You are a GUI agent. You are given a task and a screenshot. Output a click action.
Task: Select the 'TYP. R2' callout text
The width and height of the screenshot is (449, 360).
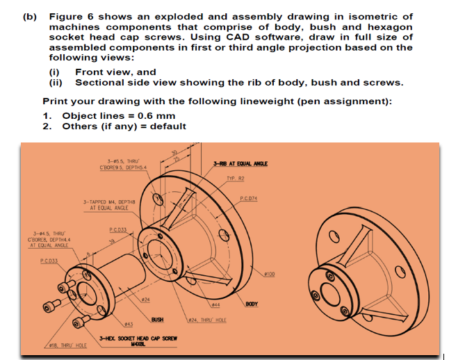[236, 177]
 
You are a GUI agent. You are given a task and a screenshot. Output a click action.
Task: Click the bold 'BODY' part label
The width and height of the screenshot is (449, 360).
[251, 304]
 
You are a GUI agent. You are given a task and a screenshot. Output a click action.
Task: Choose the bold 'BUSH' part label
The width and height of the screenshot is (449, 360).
[157, 319]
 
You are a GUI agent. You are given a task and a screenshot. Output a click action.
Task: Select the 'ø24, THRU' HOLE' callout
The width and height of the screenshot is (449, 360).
[207, 320]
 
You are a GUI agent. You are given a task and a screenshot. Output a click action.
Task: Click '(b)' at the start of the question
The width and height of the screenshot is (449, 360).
[30, 16]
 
